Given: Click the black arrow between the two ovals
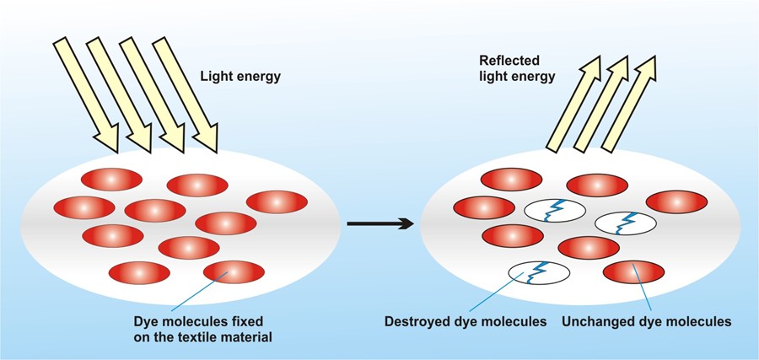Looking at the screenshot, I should tap(379, 223).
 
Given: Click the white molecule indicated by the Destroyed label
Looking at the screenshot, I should tap(539, 272).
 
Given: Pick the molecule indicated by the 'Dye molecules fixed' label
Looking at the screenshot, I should tap(233, 272).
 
